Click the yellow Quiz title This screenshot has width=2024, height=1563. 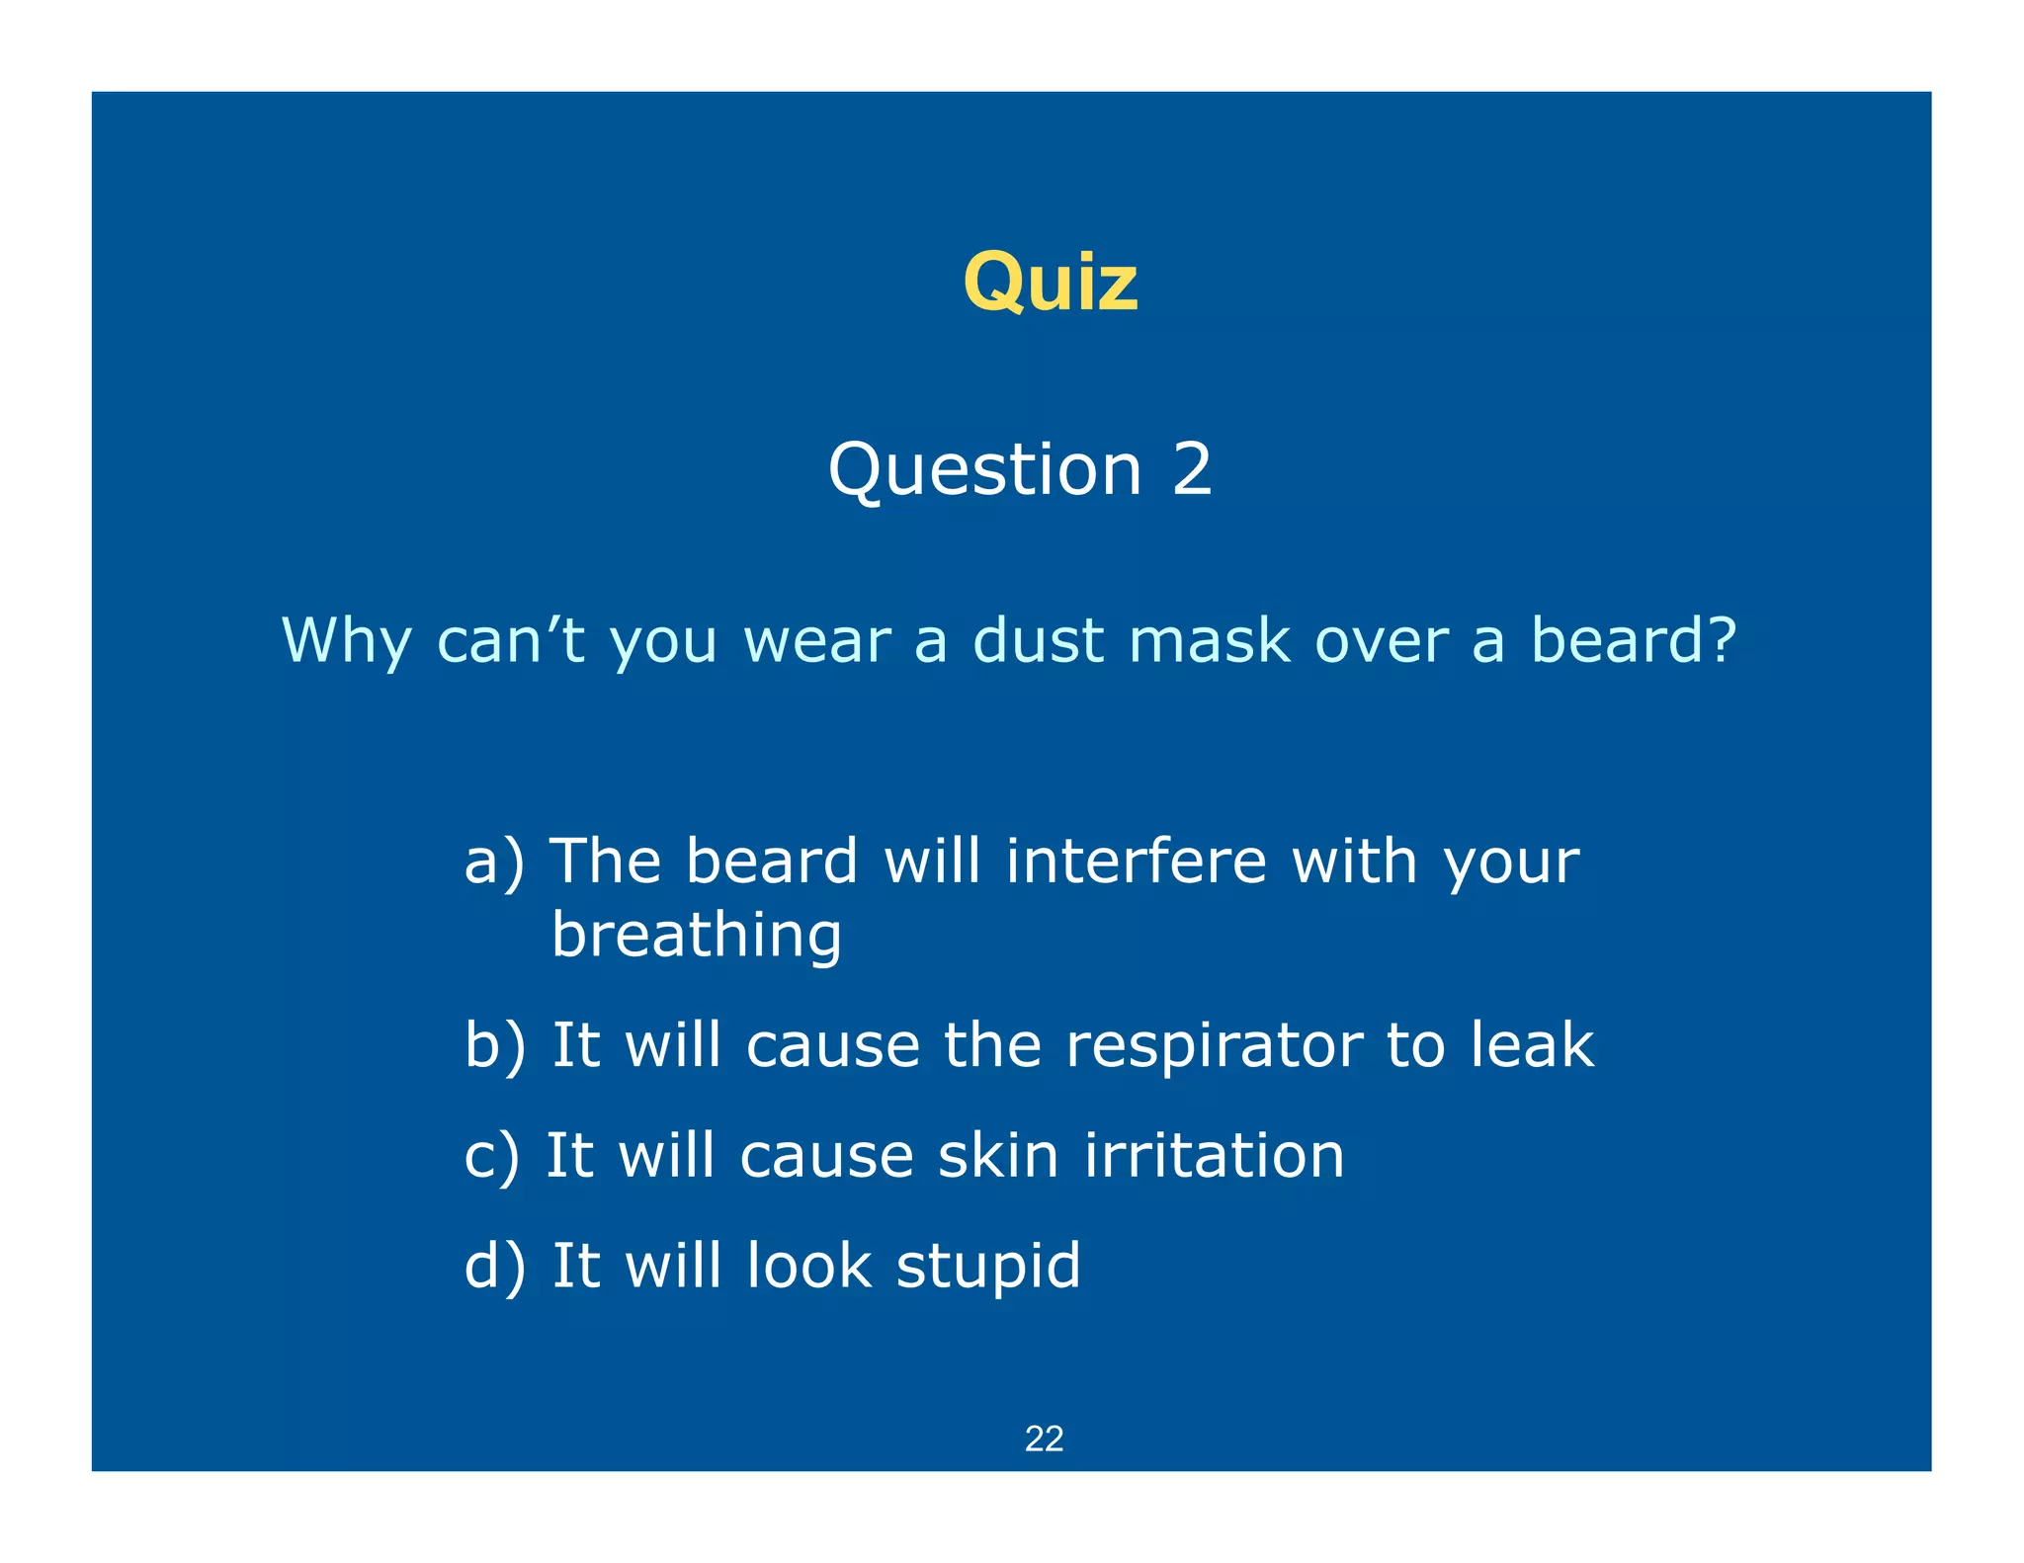[1050, 282]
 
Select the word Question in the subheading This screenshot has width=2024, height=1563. [984, 471]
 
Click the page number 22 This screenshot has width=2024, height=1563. [1044, 1439]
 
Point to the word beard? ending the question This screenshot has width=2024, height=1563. [1633, 640]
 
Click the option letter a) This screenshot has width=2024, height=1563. [494, 862]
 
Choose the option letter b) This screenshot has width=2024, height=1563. [494, 1045]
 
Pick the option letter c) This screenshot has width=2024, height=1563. [491, 1156]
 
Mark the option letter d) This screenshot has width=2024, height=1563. [494, 1267]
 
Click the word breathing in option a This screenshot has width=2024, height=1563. [696, 937]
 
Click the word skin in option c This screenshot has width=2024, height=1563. [998, 1155]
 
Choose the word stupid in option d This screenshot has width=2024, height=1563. [988, 1268]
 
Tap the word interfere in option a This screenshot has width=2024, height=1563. [1136, 861]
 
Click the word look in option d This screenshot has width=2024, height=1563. [808, 1266]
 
